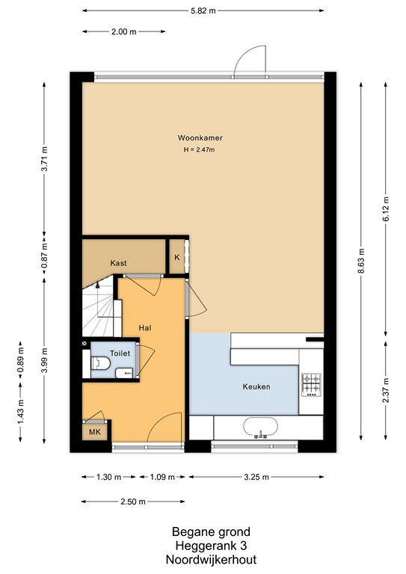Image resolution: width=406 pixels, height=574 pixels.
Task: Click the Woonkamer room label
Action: (x=200, y=138)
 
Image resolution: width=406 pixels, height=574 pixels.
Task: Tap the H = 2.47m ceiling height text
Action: (x=199, y=149)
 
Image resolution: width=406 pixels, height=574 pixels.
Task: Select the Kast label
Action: (x=118, y=263)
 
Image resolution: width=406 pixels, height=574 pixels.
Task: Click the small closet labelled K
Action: (x=176, y=257)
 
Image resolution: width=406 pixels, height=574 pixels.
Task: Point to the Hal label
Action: (x=144, y=327)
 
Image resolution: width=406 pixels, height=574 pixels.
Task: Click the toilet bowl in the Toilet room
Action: (x=100, y=363)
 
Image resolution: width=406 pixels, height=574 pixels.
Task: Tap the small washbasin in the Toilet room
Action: (x=124, y=373)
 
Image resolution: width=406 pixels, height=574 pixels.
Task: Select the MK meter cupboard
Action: (x=95, y=432)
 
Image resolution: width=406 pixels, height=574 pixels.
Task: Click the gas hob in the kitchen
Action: (x=311, y=385)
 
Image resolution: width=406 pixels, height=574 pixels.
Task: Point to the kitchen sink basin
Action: (x=260, y=428)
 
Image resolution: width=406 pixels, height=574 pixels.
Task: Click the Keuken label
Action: (x=256, y=386)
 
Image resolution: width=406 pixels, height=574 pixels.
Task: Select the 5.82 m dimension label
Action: (x=203, y=10)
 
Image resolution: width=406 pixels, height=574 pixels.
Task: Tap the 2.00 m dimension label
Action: (x=123, y=31)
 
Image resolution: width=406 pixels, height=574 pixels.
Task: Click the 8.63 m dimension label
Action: (x=361, y=261)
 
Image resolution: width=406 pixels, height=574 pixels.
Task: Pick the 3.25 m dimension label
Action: (x=256, y=477)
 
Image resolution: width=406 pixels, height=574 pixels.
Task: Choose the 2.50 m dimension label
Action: (x=133, y=502)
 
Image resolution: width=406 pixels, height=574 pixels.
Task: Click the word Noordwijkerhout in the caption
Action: (x=212, y=560)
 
